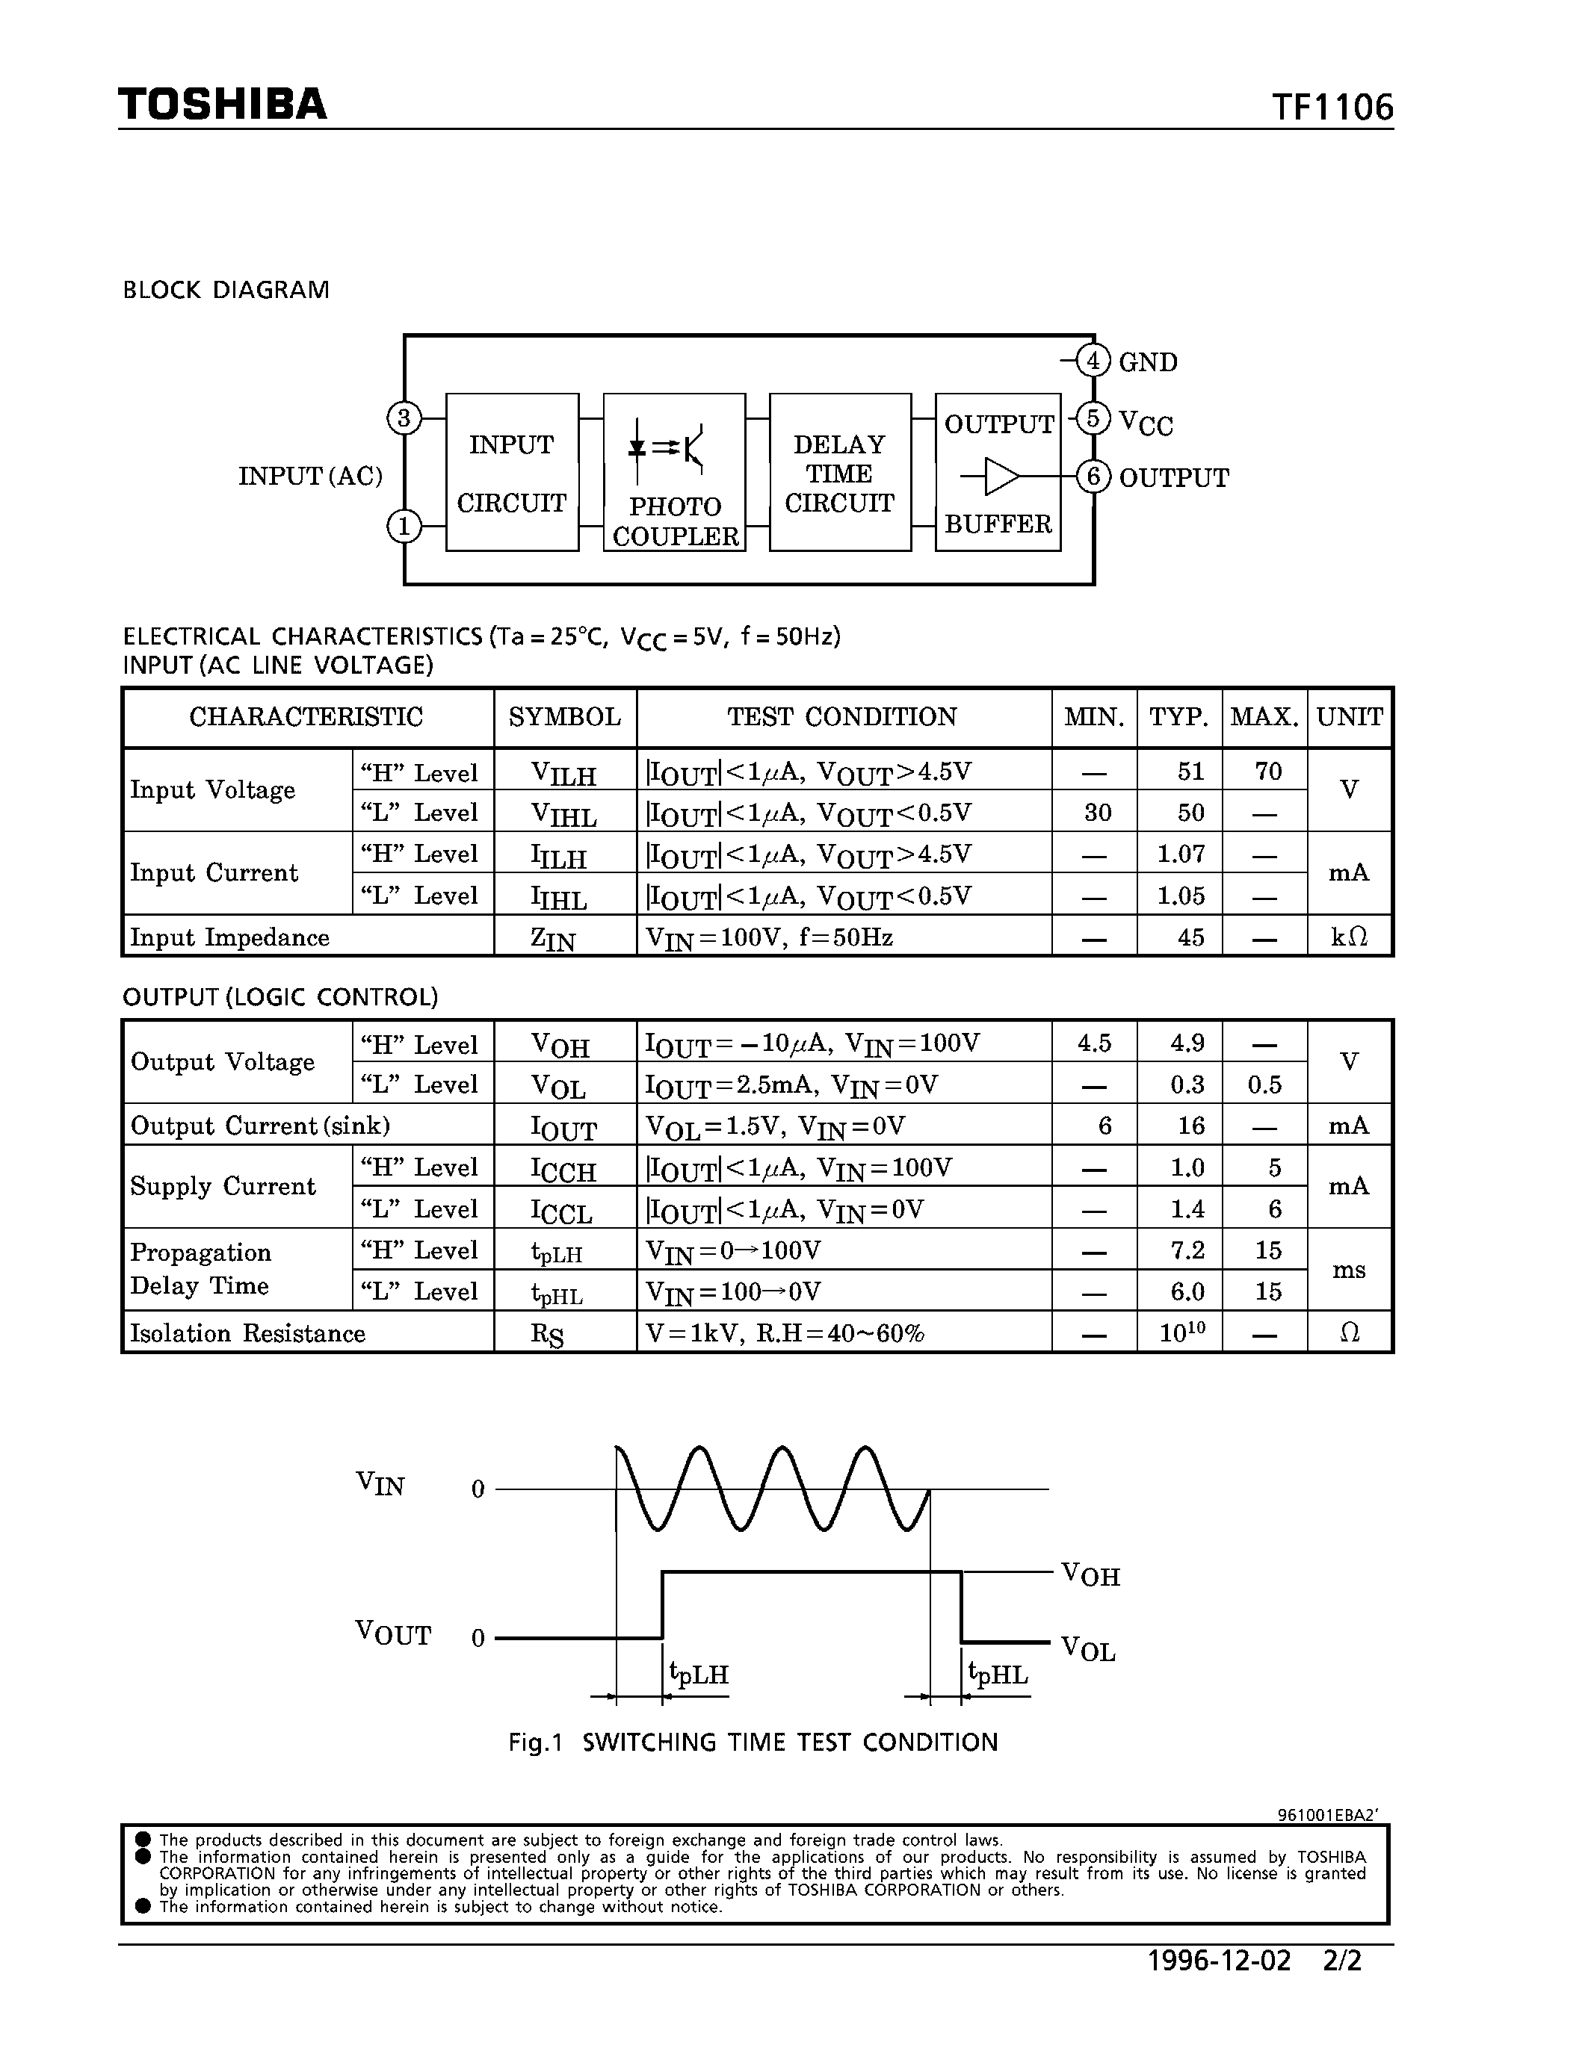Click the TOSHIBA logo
[223, 105]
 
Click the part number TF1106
[1332, 108]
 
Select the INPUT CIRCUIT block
[512, 472]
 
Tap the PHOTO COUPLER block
[675, 472]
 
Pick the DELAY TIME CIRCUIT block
[839, 472]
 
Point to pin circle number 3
[404, 418]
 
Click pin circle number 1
[404, 526]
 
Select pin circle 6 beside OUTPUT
[1093, 477]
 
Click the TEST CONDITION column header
[842, 718]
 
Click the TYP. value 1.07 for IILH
[1181, 854]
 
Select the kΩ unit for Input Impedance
[1349, 937]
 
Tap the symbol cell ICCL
[563, 1211]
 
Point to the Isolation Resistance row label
[248, 1332]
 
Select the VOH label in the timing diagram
[1090, 1574]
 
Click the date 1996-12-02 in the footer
[1220, 1961]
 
